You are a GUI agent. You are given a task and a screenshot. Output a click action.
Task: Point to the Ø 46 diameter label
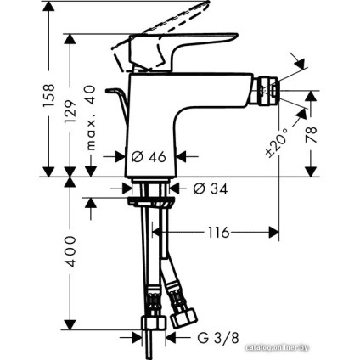[147, 156]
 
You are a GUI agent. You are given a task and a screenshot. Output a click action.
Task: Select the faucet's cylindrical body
[156, 127]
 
